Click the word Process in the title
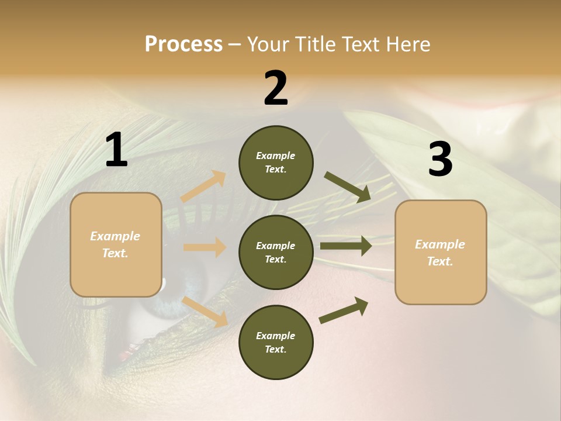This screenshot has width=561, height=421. (x=183, y=44)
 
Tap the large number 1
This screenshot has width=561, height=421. (x=116, y=151)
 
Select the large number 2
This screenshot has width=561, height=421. (x=276, y=89)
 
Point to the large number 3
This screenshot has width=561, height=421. (x=440, y=160)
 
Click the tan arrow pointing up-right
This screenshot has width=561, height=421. (x=204, y=187)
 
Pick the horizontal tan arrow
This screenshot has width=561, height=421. (x=205, y=247)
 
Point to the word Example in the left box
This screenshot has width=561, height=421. (x=115, y=236)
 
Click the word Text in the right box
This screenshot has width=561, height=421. (x=439, y=261)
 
